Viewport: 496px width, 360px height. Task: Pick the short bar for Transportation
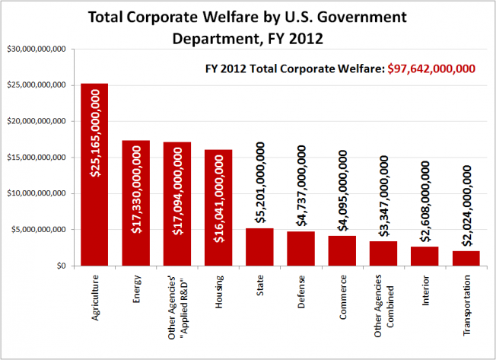coord(466,258)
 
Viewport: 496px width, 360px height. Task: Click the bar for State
coord(259,247)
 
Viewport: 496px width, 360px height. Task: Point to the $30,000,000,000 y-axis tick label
coord(37,49)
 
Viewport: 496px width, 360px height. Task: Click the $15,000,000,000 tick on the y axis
coord(37,158)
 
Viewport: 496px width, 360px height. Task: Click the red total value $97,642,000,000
coord(434,68)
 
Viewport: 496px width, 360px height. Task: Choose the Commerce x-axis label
coord(343,301)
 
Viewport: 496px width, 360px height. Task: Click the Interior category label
coord(425,297)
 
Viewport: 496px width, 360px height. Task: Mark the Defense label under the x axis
coord(302,297)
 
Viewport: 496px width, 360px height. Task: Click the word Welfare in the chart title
coord(243,17)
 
